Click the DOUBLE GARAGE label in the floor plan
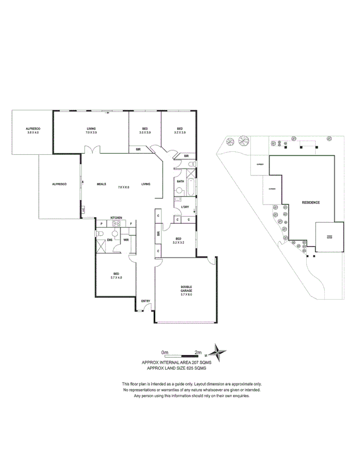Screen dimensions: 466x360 [187, 289]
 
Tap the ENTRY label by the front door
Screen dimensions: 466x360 [146, 301]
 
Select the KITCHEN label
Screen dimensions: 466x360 [116, 218]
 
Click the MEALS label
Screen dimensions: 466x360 [101, 184]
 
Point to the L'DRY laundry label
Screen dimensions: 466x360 [185, 207]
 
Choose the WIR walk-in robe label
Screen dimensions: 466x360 [126, 240]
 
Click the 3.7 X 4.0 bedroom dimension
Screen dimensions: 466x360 [116, 277]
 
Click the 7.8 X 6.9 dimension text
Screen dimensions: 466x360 [124, 188]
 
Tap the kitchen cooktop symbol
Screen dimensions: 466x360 [116, 224]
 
